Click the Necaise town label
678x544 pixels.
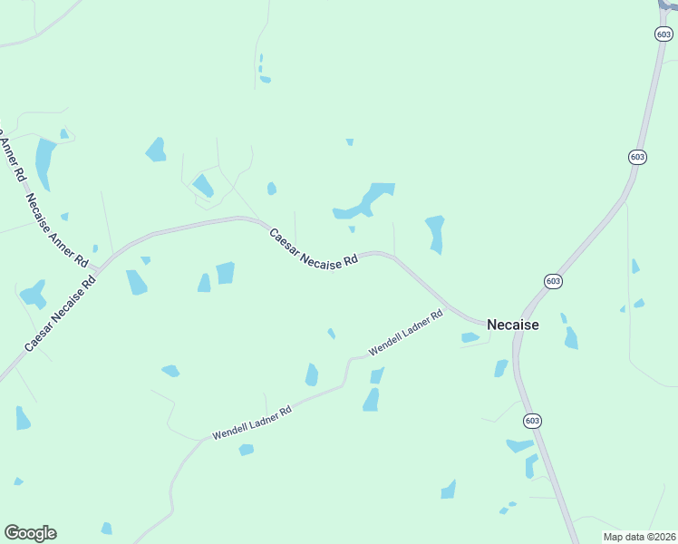[512, 325]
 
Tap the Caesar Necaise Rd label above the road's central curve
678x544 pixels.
[314, 248]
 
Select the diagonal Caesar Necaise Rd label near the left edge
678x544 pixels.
[60, 313]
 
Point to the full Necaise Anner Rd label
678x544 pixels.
[56, 230]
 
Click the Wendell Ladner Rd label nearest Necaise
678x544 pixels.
[405, 333]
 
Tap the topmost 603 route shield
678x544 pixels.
[663, 34]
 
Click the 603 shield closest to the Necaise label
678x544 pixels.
[553, 281]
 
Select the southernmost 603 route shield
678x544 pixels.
[532, 421]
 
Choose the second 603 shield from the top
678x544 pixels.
[637, 157]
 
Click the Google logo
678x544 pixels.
[30, 533]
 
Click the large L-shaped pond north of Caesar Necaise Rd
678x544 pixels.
[364, 202]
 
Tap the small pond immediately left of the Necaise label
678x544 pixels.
[470, 337]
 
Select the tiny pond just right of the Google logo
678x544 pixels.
[106, 529]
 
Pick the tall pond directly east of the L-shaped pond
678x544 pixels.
[436, 233]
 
